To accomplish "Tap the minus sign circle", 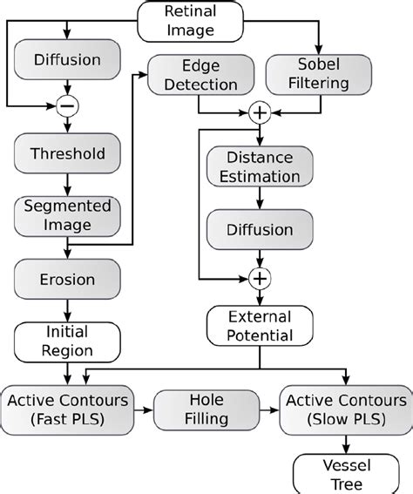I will click(x=66, y=106).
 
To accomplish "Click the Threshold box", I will click(x=66, y=153).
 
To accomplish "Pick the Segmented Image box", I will click(x=66, y=214).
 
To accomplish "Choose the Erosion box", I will click(x=66, y=281).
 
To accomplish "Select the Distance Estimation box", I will click(x=259, y=167).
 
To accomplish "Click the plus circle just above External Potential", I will click(x=258, y=279).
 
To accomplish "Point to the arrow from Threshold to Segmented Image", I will click(x=66, y=182).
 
